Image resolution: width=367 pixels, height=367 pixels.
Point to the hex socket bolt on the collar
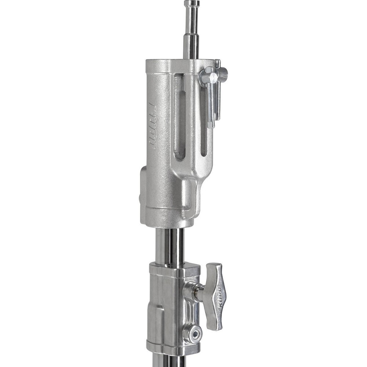(x=193, y=334)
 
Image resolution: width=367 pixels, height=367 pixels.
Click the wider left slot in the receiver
(x=180, y=117)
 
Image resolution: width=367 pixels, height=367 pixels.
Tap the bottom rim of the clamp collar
(x=172, y=347)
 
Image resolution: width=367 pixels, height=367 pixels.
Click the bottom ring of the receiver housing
(x=167, y=218)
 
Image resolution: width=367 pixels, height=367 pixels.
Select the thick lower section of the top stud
(x=191, y=44)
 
